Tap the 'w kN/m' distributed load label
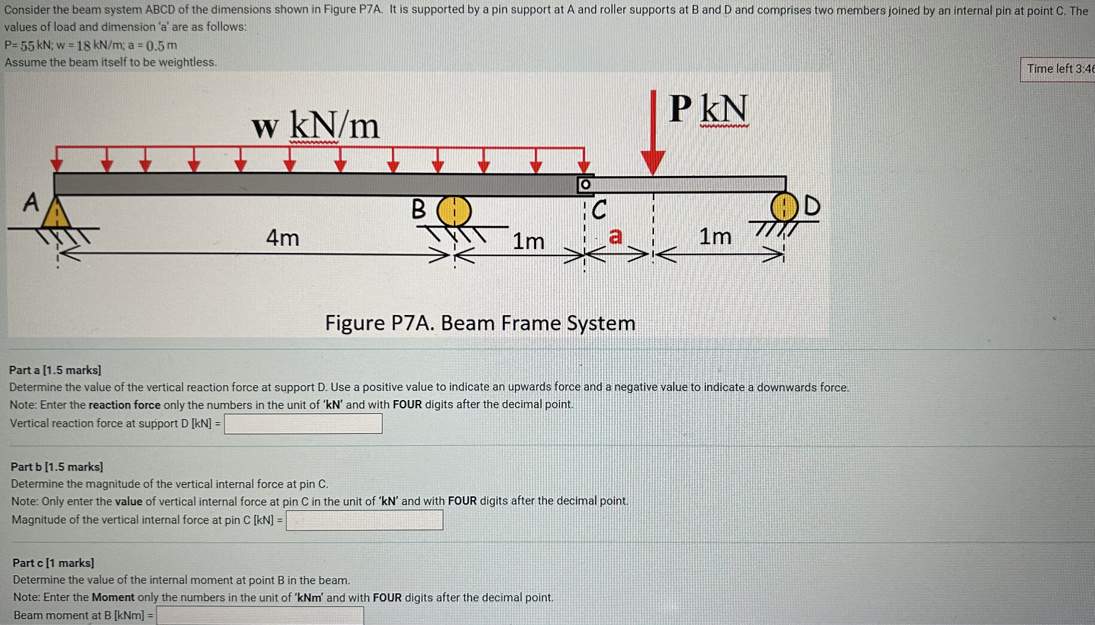316,126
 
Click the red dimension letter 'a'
616,236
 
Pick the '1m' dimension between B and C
529,241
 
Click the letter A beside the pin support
30,203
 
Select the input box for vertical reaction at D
303,424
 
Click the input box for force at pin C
365,520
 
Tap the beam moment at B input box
260,615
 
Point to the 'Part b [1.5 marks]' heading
57,467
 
